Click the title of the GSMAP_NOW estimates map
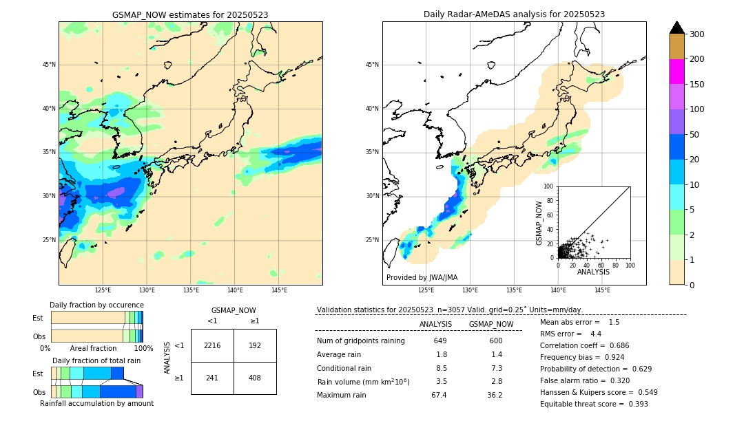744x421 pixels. click(x=190, y=14)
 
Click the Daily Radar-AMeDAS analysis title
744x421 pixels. click(x=514, y=14)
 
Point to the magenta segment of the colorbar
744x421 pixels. click(x=676, y=72)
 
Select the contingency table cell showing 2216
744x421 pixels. click(x=212, y=345)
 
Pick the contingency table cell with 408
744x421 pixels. click(x=255, y=378)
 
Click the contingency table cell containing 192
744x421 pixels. click(x=255, y=345)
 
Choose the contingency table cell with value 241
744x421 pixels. click(x=212, y=378)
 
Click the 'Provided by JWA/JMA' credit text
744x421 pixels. click(x=422, y=278)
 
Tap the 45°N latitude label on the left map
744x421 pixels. click(x=48, y=65)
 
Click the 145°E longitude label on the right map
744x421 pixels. click(x=602, y=290)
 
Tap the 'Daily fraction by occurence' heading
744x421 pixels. click(x=96, y=305)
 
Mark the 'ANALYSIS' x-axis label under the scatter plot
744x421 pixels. click(x=593, y=272)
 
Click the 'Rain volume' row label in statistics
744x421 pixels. click(x=363, y=382)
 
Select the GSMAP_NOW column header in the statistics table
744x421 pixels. click(x=490, y=324)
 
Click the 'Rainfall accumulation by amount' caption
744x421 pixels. click(x=96, y=403)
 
